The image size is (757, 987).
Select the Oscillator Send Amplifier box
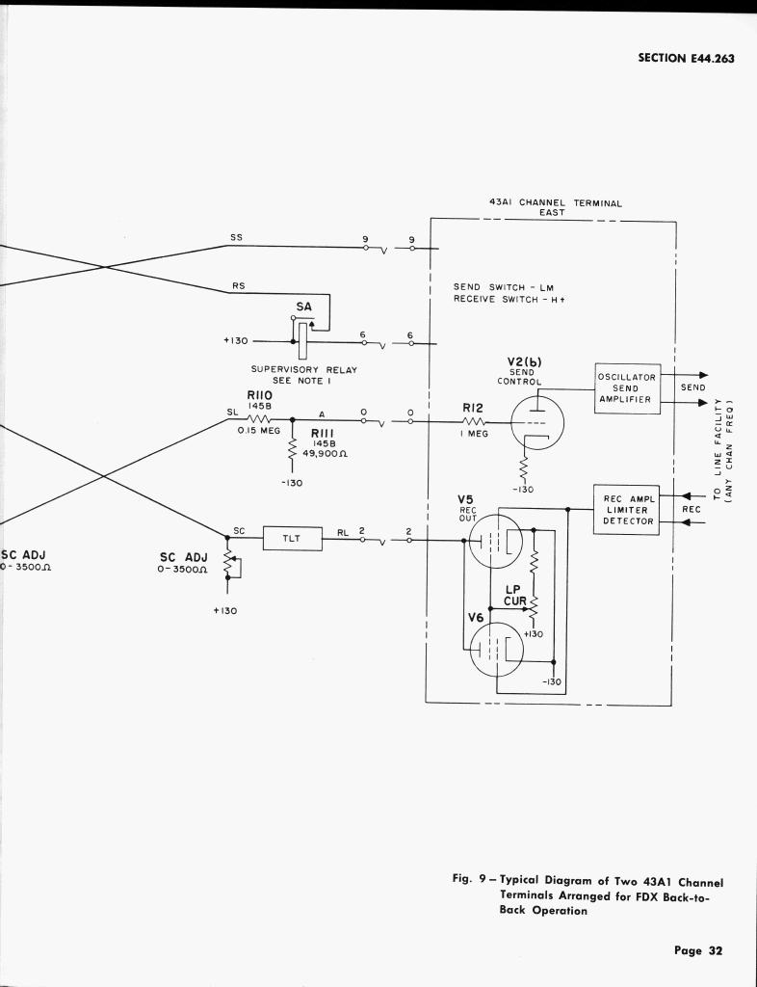[x=627, y=387]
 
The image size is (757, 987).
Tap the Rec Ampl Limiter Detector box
[x=627, y=510]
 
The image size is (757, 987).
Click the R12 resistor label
[x=474, y=409]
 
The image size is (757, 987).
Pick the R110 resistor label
[x=261, y=395]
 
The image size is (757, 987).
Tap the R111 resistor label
[x=322, y=435]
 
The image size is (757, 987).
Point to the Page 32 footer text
[x=698, y=950]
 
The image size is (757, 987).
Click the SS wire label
[x=237, y=236]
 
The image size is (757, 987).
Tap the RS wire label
[x=237, y=285]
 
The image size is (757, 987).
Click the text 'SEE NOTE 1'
[x=302, y=381]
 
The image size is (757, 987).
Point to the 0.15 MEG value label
[x=258, y=431]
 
